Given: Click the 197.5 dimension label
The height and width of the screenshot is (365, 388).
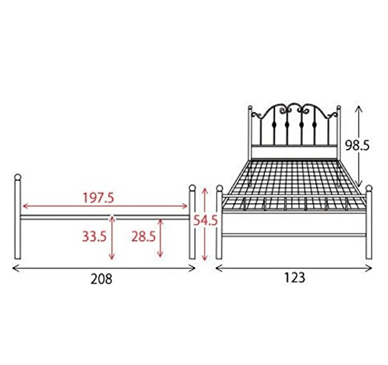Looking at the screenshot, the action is (98, 197).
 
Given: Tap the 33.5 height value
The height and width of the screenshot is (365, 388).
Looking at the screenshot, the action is (94, 236).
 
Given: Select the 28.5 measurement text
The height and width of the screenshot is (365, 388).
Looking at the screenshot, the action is (143, 236).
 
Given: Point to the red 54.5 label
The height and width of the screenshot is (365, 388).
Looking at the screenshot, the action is (205, 220).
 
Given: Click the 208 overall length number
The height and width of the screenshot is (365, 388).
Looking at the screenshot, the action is (101, 279).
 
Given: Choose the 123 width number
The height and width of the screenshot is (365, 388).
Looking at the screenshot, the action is (295, 277).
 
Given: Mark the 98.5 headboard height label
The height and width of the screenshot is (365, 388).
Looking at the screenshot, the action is (357, 145).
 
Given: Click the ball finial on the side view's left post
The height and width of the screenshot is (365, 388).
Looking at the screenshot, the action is (18, 177).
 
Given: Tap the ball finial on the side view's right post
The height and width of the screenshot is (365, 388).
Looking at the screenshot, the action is (192, 188).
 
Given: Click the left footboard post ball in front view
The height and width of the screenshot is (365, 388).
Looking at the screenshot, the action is (220, 188).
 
